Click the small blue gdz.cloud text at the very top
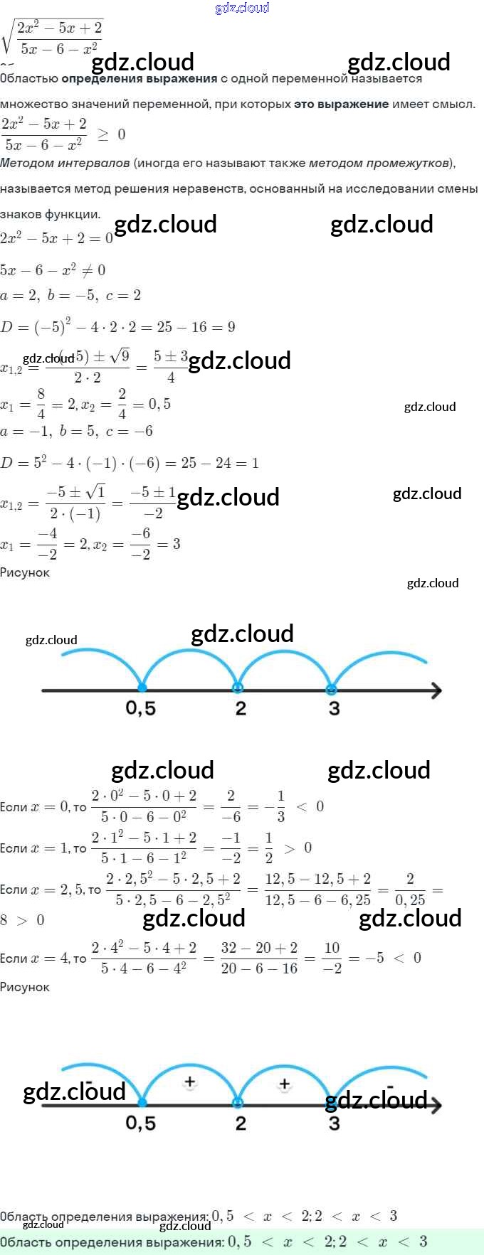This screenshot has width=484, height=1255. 242,8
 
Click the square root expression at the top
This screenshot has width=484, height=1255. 54,38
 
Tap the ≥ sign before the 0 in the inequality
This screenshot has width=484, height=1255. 103,134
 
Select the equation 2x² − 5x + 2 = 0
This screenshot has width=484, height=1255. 56,238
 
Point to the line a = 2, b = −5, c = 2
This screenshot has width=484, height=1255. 70,295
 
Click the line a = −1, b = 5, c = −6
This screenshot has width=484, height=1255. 76,431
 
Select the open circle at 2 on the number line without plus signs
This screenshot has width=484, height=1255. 238,688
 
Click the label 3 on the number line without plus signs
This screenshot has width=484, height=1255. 334,708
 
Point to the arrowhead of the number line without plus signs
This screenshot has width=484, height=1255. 436,690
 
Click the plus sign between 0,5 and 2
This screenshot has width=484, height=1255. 189,1082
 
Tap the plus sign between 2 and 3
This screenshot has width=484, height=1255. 284,1084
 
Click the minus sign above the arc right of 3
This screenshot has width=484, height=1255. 390,1086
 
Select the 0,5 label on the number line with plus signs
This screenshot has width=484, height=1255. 140,1123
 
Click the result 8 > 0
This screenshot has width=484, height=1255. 22,920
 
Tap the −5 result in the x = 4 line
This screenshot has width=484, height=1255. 375,958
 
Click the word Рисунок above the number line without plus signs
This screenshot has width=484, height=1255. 25,572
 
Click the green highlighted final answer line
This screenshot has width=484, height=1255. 214,1241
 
